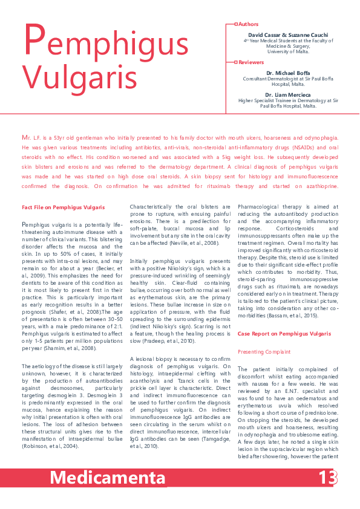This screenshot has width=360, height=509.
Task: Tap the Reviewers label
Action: (x=252, y=62)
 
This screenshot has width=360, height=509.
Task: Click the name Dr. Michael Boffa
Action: (x=292, y=73)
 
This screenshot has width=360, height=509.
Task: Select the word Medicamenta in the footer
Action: (x=107, y=478)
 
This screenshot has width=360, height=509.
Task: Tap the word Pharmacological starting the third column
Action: (x=261, y=207)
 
